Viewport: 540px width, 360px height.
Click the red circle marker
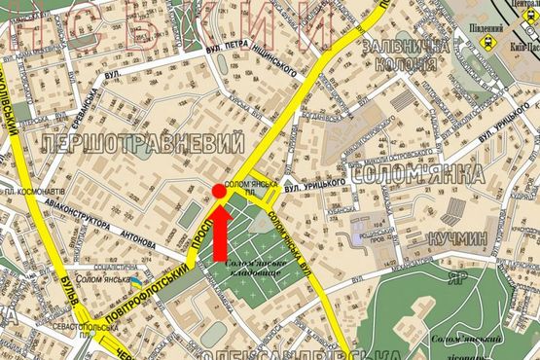tap(219, 193)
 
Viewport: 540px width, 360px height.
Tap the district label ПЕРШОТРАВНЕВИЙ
tap(141, 144)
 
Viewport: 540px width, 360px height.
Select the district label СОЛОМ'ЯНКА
tap(414, 175)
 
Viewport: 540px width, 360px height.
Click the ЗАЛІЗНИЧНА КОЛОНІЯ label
tap(405, 55)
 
